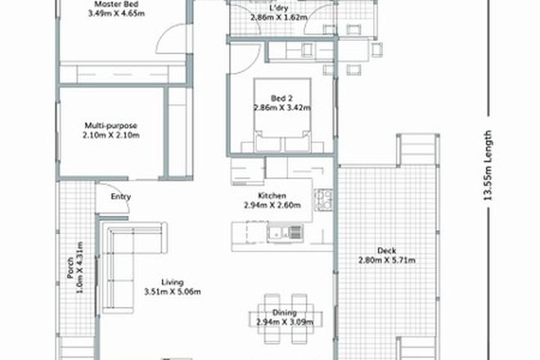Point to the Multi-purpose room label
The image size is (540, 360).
[111, 126]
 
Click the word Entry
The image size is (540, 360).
[121, 196]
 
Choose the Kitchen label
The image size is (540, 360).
[270, 196]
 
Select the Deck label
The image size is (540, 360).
[387, 250]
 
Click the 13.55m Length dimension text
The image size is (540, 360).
[488, 167]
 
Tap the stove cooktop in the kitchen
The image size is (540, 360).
[322, 197]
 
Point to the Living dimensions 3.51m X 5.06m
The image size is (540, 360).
[172, 291]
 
